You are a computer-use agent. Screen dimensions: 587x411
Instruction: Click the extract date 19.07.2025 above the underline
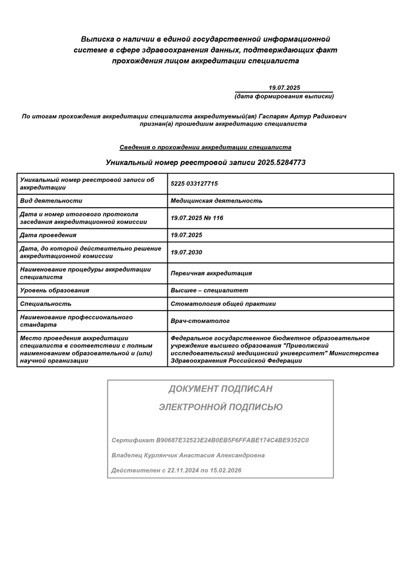pyautogui.click(x=284, y=87)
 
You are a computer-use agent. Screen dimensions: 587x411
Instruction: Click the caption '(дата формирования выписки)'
pyautogui.click(x=284, y=96)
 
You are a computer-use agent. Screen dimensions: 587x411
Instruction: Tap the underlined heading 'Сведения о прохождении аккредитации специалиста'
pyautogui.click(x=205, y=147)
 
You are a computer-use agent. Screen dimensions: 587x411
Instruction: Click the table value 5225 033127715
pyautogui.click(x=194, y=184)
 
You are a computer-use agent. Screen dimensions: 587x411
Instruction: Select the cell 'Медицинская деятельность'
pyautogui.click(x=216, y=201)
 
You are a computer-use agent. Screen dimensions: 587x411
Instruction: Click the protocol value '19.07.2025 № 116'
pyautogui.click(x=197, y=218)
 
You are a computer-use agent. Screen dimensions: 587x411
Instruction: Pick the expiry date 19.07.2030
pyautogui.click(x=186, y=252)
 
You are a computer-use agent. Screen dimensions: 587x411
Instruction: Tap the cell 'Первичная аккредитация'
pyautogui.click(x=211, y=273)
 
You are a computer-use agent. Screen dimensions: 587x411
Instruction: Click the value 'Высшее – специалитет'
pyautogui.click(x=209, y=290)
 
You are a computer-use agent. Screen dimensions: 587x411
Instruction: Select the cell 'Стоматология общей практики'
pyautogui.click(x=223, y=304)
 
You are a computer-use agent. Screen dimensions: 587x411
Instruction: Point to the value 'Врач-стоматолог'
pyautogui.click(x=200, y=321)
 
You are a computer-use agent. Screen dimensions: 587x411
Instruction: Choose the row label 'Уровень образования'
pyautogui.click(x=55, y=290)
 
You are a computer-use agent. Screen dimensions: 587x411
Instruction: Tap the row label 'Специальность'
pyautogui.click(x=46, y=304)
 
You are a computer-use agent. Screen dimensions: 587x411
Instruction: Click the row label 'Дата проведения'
pyautogui.click(x=48, y=235)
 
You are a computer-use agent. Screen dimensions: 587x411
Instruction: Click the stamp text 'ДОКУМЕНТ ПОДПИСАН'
pyautogui.click(x=220, y=389)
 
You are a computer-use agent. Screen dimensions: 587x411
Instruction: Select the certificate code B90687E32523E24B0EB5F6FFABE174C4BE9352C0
pyautogui.click(x=233, y=440)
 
